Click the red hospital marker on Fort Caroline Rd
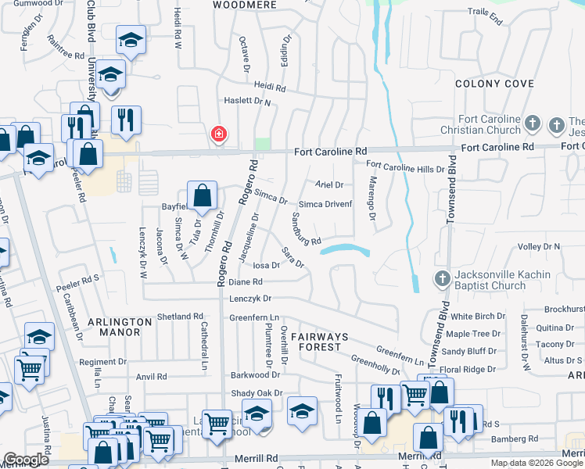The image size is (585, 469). coord(220,134)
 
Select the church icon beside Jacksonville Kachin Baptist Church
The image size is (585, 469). coord(441,279)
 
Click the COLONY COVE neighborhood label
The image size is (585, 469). coord(494,84)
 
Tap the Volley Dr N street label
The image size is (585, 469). coord(540,246)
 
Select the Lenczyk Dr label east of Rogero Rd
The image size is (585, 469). coord(250,299)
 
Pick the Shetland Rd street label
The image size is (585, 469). coord(180,317)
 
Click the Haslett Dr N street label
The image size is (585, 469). coord(247,101)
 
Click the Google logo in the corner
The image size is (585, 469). coord(27,460)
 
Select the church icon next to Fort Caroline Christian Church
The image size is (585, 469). coord(532,124)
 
